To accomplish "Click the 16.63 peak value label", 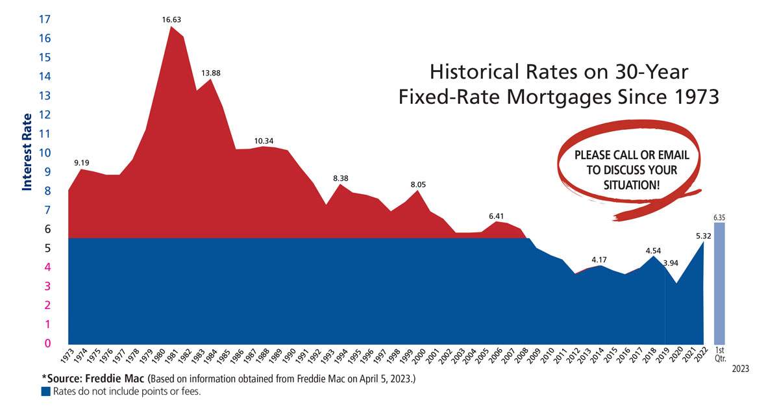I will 171,20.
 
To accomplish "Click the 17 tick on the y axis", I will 44,19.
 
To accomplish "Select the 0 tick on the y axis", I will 47,343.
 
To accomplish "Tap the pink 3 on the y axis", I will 47,286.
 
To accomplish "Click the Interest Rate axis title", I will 27,152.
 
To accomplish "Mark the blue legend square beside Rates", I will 45,391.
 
